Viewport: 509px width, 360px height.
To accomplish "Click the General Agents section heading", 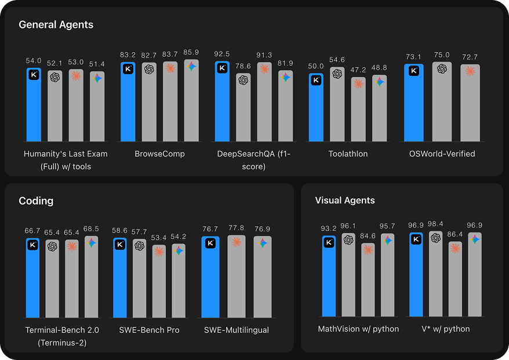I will click(56, 25).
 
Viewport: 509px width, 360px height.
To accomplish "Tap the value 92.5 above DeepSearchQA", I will click(221, 54).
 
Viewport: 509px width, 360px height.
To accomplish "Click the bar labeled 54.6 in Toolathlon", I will click(337, 104).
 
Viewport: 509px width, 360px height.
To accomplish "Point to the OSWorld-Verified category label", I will click(442, 154).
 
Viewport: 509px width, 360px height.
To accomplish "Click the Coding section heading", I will click(36, 201).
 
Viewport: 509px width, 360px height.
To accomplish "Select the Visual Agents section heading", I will click(345, 201).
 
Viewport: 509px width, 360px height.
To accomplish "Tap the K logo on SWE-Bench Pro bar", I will click(120, 245).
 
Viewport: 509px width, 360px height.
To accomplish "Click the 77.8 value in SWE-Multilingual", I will click(236, 228).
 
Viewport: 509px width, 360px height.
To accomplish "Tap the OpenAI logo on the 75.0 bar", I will click(442, 68).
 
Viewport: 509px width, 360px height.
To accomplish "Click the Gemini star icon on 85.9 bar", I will click(191, 67).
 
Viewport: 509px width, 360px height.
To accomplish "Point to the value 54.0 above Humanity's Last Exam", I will click(34, 60).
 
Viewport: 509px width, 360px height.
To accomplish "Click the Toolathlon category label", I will click(348, 154).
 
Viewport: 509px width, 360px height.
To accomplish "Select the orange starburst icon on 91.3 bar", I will click(264, 69).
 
